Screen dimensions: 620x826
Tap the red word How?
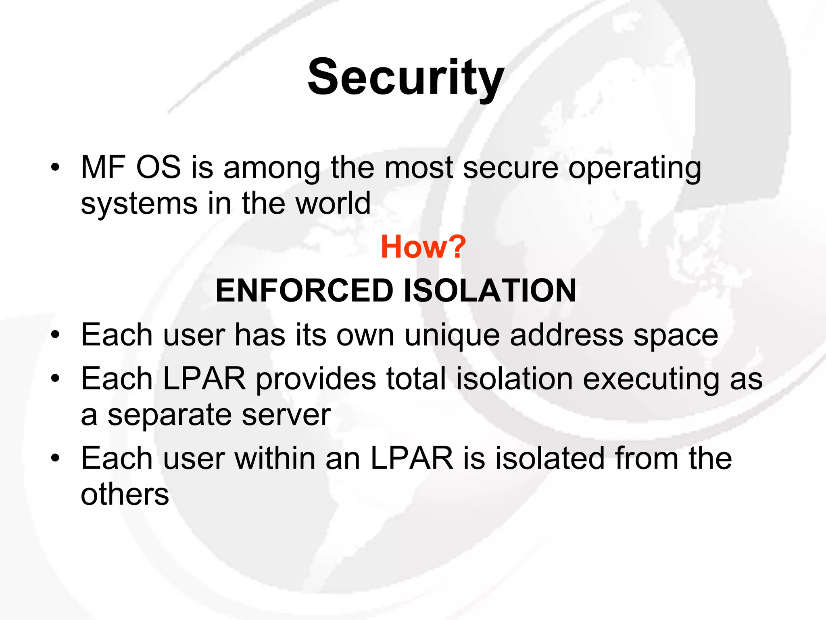423,247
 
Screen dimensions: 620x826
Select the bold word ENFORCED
305,291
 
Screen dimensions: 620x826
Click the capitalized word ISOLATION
490,291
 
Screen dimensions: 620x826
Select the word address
567,335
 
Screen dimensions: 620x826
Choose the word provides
316,379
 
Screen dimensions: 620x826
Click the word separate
169,416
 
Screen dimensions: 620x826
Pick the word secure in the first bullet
511,168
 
